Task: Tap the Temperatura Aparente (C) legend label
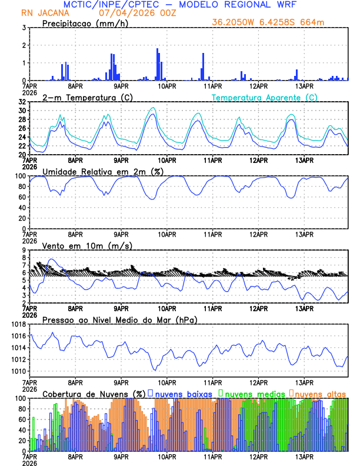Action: (264, 97)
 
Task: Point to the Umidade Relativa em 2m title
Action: (100, 171)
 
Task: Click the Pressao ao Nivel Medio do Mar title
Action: (119, 319)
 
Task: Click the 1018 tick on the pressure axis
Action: (18, 324)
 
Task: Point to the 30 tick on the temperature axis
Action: (22, 111)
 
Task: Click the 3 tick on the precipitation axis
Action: (24, 28)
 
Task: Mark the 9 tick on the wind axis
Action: (24, 250)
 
